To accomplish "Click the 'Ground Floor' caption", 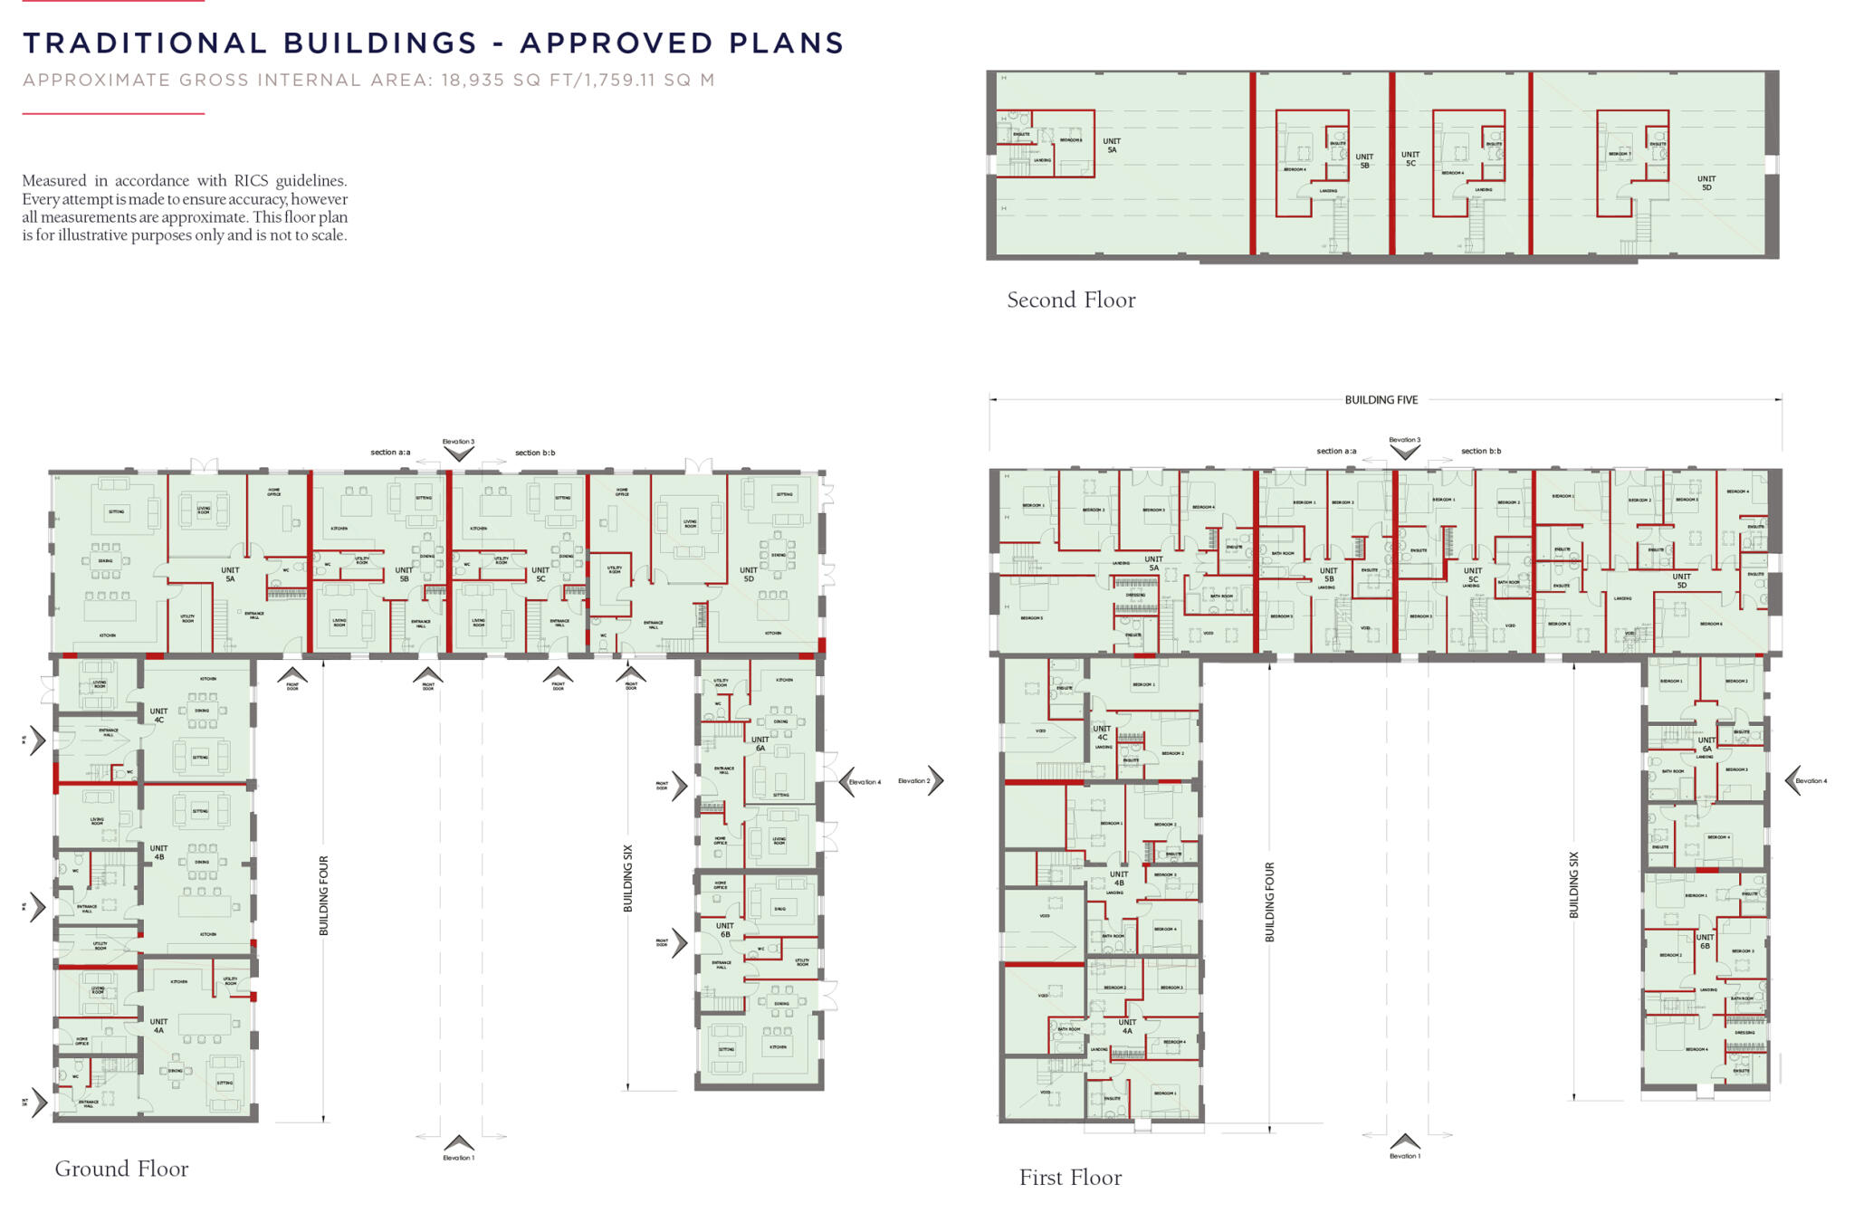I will point(121,1169).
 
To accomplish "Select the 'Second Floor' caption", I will point(1071,300).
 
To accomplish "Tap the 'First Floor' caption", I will point(1070,1178).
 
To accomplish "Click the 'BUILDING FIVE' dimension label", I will point(1381,399).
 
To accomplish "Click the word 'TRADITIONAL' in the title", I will point(145,43).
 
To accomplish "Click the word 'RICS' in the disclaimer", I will point(253,181).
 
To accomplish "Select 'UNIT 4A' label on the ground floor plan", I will point(158,1026).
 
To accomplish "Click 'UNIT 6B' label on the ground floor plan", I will point(724,930).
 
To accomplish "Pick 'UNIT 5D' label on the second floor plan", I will point(1706,183).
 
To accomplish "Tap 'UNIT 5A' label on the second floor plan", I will point(1112,145).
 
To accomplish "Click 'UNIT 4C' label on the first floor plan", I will point(1102,732).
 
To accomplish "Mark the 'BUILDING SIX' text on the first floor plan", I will point(1573,884).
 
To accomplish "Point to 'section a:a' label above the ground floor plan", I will point(390,452).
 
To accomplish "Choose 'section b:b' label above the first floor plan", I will point(1481,451).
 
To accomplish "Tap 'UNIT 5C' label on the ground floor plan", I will point(540,574).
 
